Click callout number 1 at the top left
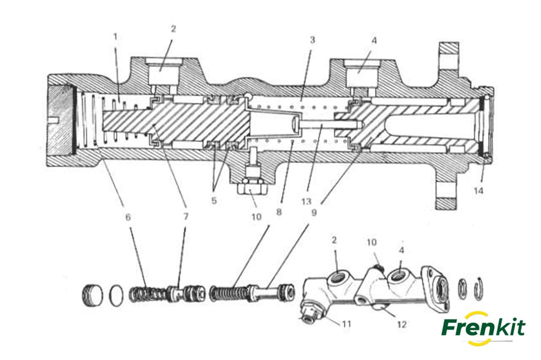(115, 37)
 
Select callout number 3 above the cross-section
(312, 40)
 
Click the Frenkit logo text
(483, 328)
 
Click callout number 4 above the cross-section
(374, 40)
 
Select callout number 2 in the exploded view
(334, 240)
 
